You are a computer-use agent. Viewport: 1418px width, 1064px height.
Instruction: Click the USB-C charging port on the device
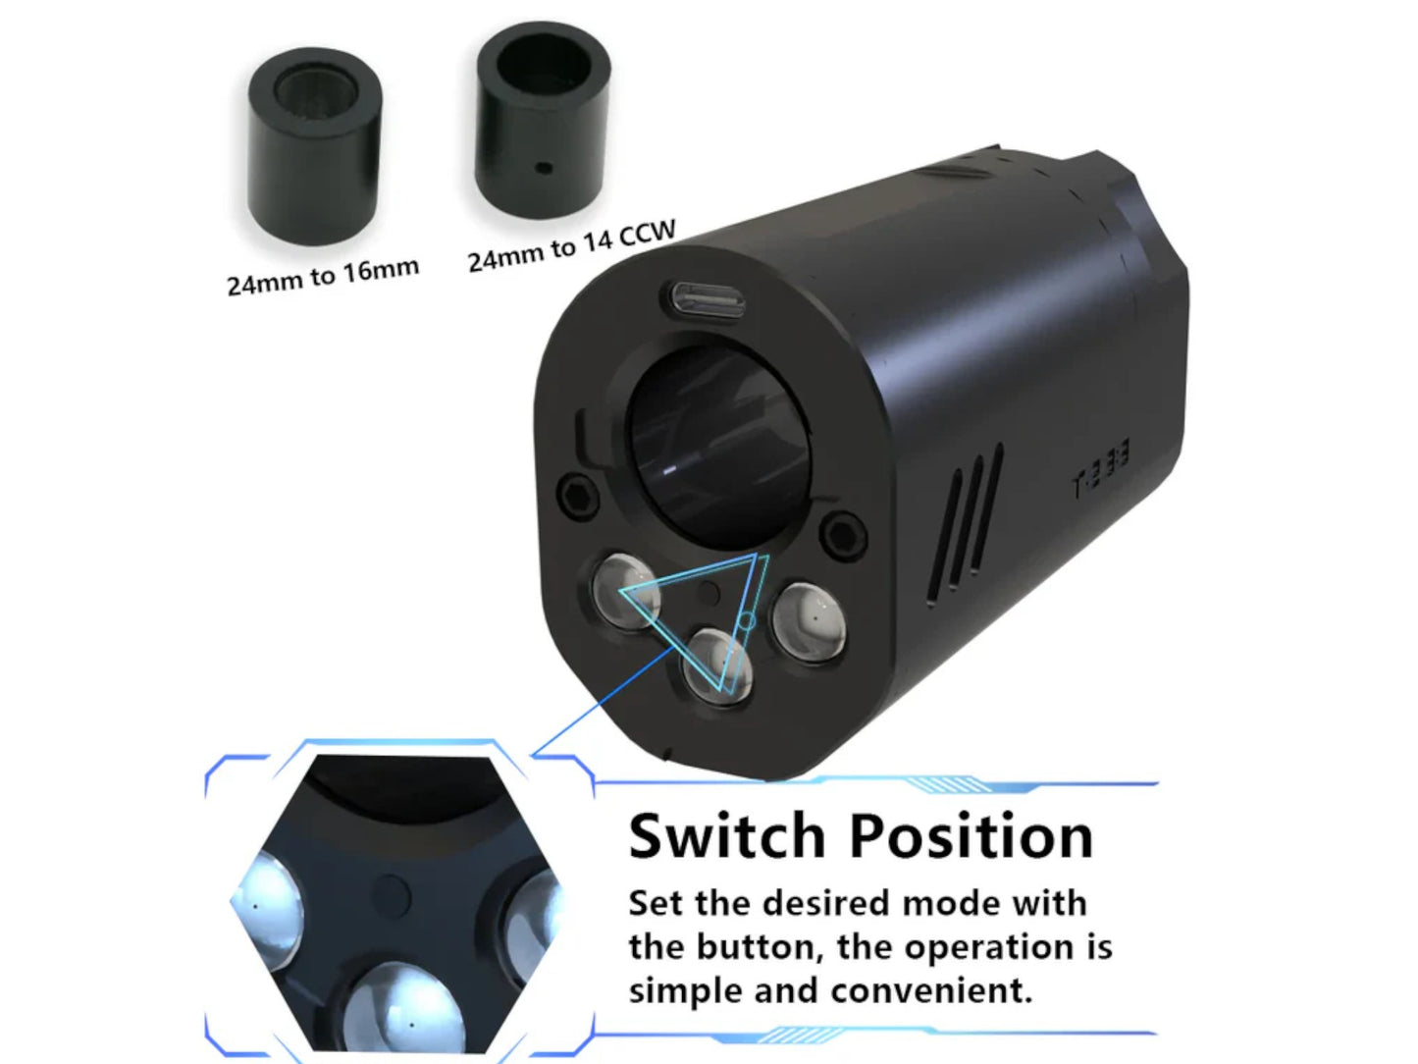(x=709, y=300)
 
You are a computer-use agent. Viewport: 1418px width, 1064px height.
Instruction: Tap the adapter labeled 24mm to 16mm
(x=315, y=146)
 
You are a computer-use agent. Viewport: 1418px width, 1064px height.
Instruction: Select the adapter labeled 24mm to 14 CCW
(x=544, y=120)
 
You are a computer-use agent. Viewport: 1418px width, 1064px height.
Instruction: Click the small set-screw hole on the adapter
(x=544, y=169)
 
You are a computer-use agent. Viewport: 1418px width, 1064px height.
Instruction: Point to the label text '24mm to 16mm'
(x=323, y=275)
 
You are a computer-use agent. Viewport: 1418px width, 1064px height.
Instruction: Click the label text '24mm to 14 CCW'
(x=571, y=246)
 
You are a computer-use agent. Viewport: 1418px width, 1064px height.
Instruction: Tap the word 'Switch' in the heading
(x=726, y=835)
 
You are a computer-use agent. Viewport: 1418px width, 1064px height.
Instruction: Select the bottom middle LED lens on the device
(x=718, y=665)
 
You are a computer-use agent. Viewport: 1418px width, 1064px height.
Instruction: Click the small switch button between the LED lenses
(x=710, y=591)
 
